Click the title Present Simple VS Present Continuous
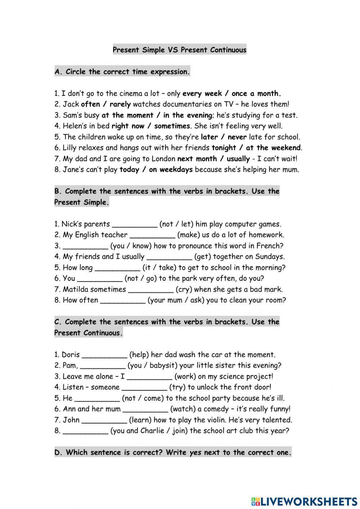pyautogui.click(x=180, y=50)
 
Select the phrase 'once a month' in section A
pyautogui.click(x=256, y=94)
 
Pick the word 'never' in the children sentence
pyautogui.click(x=237, y=137)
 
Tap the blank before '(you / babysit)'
pyautogui.click(x=103, y=366)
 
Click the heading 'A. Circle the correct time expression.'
pyautogui.click(x=122, y=72)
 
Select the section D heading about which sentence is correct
pyautogui.click(x=173, y=452)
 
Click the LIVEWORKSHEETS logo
pyautogui.click(x=304, y=501)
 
